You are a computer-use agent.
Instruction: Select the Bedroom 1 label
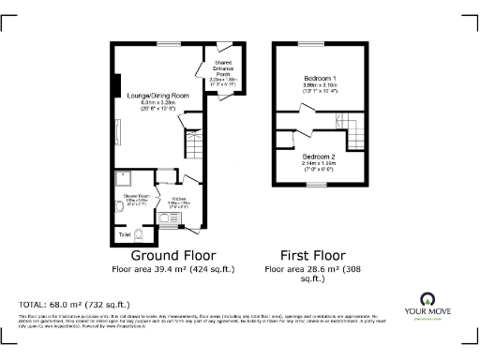pyautogui.click(x=321, y=77)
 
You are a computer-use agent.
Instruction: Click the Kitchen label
pyautogui.click(x=178, y=199)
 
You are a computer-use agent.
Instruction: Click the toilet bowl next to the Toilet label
pyautogui.click(x=140, y=232)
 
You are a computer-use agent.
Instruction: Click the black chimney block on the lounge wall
pyautogui.click(x=115, y=84)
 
